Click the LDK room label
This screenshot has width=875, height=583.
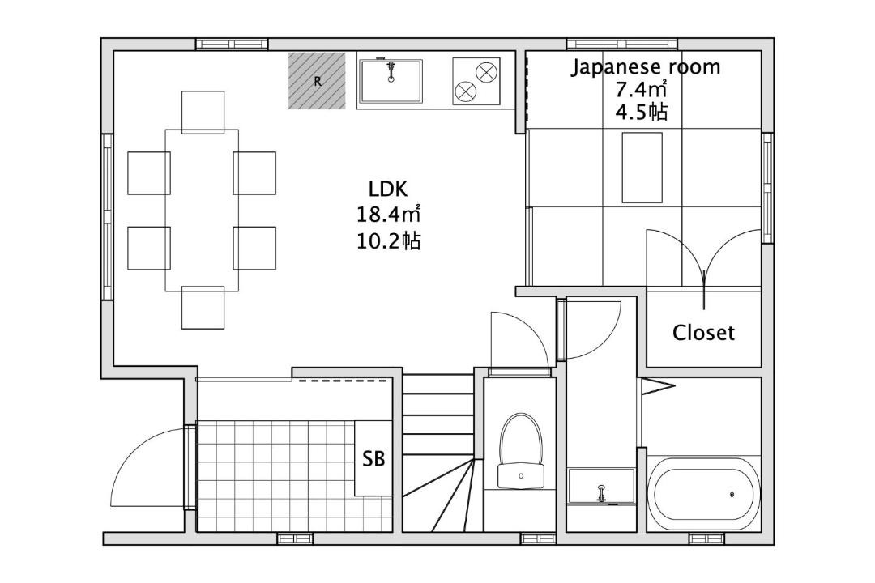(x=388, y=189)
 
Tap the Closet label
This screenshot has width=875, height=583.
(x=703, y=333)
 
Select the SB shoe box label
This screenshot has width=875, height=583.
(x=373, y=458)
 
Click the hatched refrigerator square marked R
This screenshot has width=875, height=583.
(x=317, y=81)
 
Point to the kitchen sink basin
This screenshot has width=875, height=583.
(x=391, y=81)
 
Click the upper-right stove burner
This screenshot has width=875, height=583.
(x=485, y=72)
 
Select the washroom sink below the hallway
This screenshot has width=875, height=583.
(x=601, y=487)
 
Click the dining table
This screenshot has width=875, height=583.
(x=202, y=211)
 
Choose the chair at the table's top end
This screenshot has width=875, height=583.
(x=203, y=112)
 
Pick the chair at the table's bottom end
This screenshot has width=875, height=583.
(x=203, y=308)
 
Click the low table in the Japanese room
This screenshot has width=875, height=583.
(x=642, y=168)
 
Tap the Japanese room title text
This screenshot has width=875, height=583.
(x=645, y=67)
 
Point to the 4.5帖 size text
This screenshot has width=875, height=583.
(x=641, y=112)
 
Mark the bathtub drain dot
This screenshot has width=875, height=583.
(x=732, y=494)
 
